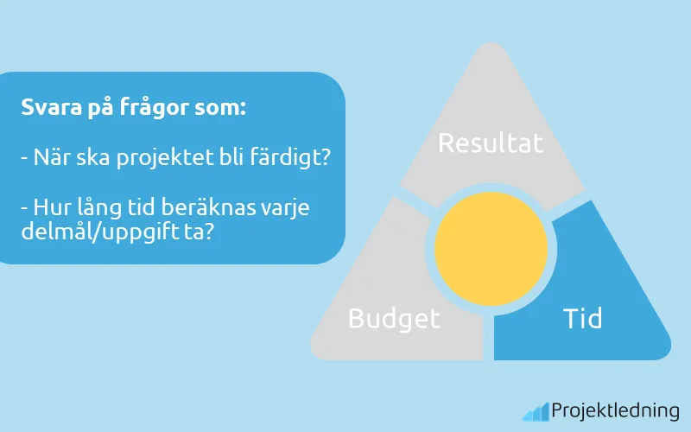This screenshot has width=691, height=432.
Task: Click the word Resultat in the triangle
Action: click(491, 142)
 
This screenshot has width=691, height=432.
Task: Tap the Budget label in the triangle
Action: click(394, 318)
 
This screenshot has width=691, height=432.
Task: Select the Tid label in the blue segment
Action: click(582, 318)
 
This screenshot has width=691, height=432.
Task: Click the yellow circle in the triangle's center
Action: click(491, 249)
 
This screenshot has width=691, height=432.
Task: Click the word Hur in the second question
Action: click(51, 209)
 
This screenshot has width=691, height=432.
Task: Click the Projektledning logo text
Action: click(615, 411)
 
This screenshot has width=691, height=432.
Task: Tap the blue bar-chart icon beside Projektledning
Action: click(535, 411)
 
